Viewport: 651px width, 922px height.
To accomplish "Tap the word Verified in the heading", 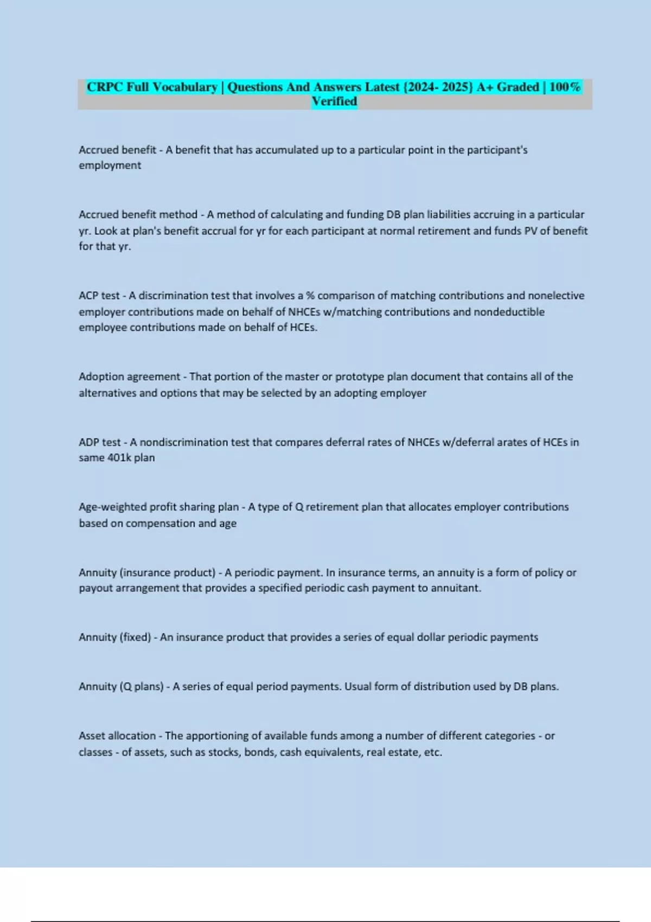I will (334, 101).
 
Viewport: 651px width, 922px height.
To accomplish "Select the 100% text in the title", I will (565, 87).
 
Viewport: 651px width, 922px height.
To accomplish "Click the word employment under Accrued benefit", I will (110, 165).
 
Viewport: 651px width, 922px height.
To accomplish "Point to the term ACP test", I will (99, 296).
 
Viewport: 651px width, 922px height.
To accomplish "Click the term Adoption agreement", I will (129, 376).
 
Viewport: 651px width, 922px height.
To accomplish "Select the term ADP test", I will (100, 442).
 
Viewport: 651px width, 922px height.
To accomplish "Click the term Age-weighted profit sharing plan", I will (158, 507).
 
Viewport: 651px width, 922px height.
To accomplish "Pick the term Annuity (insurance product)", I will (147, 573).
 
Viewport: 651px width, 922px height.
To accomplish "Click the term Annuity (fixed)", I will (114, 637).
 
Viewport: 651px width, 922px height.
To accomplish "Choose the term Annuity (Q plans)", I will (121, 687).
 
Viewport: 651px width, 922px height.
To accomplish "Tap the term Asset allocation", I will (117, 736).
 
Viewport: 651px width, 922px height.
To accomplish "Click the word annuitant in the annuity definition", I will (455, 588).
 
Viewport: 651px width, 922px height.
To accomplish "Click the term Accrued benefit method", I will (138, 215).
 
